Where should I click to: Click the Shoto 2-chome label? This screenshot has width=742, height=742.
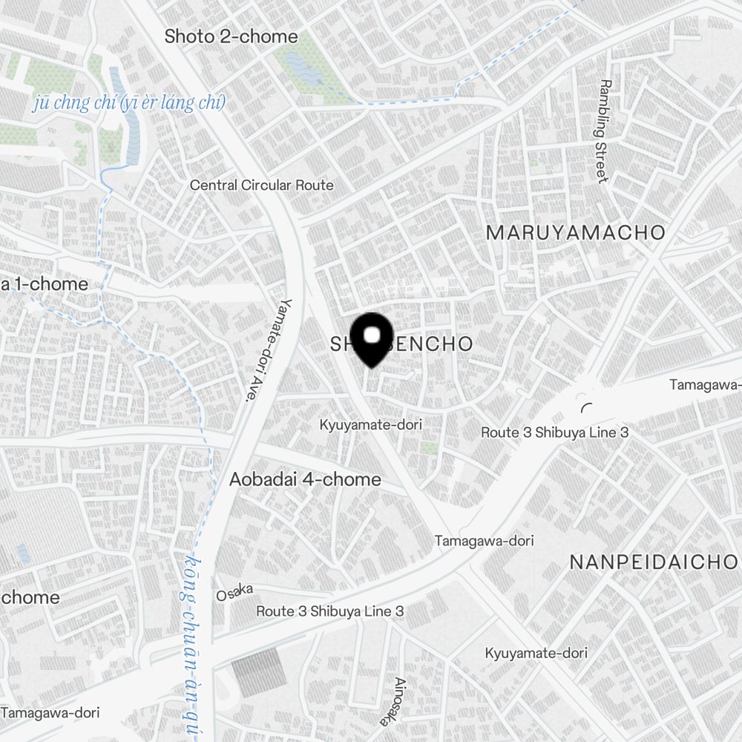coord(231,36)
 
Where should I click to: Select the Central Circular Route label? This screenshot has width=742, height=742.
coord(261,185)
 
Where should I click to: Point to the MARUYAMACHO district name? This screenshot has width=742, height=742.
coord(576,232)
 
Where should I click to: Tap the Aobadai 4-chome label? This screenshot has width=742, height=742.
coord(305,479)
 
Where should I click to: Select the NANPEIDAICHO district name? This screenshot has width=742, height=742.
coord(654,562)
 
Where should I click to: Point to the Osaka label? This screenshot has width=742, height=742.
coord(235,592)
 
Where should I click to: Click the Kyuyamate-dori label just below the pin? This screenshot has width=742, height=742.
coord(370,425)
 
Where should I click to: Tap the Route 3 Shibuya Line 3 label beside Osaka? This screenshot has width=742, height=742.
coord(329,611)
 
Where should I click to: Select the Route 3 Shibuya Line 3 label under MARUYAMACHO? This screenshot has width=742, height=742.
coord(554,432)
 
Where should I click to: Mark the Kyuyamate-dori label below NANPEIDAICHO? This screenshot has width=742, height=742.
coord(536,653)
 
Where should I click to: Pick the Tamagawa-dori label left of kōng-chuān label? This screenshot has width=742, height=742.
coord(50,712)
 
